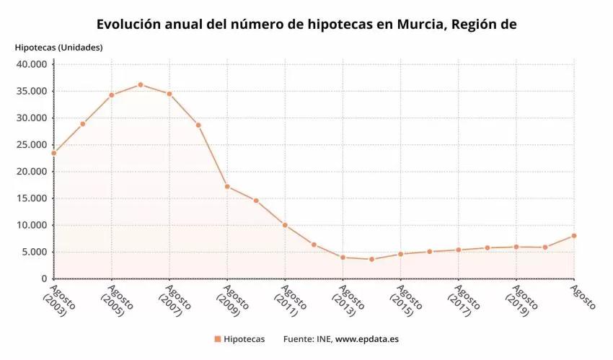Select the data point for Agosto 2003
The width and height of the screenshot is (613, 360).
(54, 153)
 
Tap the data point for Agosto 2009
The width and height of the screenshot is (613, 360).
(227, 187)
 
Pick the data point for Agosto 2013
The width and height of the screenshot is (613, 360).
(343, 258)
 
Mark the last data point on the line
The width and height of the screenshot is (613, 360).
(574, 236)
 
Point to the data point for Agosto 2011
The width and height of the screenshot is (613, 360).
(285, 225)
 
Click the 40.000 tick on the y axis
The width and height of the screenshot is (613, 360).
(31, 64)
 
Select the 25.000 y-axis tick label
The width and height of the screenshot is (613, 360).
(31, 145)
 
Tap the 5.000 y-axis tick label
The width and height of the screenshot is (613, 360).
(34, 252)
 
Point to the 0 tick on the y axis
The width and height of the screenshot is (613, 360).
(44, 279)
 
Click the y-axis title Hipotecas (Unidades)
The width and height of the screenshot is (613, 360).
(58, 48)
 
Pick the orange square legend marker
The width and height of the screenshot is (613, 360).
(216, 338)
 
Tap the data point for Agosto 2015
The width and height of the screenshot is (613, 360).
(400, 254)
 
